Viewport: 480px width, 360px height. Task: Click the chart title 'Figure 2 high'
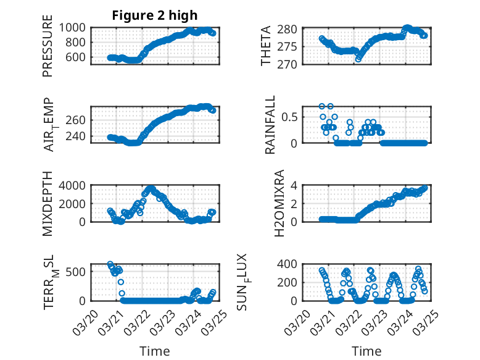click(155, 15)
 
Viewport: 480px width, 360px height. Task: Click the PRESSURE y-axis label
click(48, 46)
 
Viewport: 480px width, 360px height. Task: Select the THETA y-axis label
click(266, 46)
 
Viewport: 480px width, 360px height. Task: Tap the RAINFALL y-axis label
click(270, 125)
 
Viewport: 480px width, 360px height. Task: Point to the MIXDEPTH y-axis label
click(48, 204)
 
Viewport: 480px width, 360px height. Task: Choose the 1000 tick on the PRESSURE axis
click(75, 27)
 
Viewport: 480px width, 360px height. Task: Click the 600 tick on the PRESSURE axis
click(78, 57)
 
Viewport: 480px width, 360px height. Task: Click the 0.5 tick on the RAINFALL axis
click(292, 117)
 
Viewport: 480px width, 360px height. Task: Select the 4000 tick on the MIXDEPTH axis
click(75, 185)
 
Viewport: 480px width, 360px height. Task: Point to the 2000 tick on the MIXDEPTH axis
click(75, 203)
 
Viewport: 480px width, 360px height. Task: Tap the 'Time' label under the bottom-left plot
click(155, 351)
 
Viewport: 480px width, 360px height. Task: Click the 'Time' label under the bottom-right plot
click(366, 351)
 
